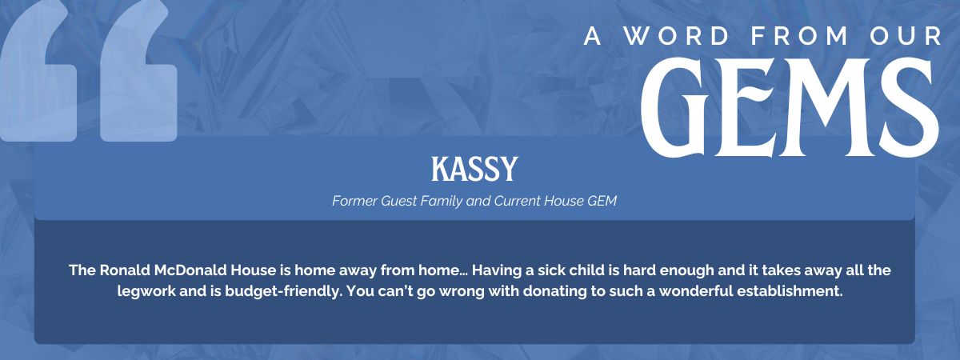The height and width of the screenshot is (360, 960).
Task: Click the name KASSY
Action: [475, 169]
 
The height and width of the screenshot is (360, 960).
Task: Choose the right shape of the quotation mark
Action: [138, 76]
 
